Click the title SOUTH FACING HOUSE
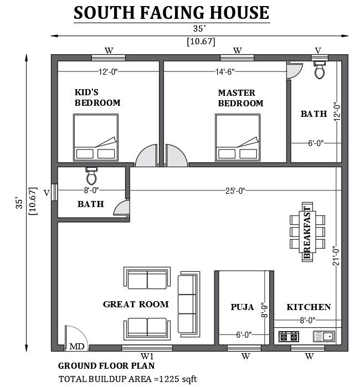(x=172, y=13)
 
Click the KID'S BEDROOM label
(x=97, y=97)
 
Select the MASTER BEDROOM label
(x=240, y=98)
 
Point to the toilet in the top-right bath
(x=320, y=70)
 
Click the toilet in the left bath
(x=92, y=176)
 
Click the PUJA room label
(x=242, y=307)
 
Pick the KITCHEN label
(x=308, y=307)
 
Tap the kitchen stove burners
(x=289, y=336)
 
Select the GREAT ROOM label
(x=136, y=304)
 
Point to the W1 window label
(x=147, y=356)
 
